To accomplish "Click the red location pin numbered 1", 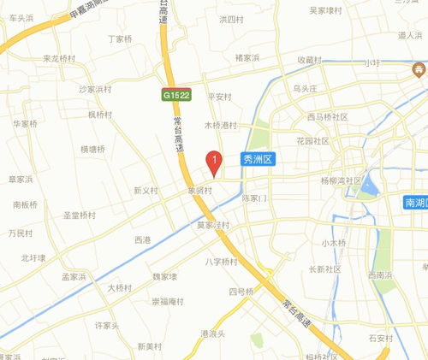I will point(215,160).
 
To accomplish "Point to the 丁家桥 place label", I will point(122,39).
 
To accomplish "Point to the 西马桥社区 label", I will point(327,116).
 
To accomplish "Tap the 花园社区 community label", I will point(312,140).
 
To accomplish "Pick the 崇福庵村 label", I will point(168,301).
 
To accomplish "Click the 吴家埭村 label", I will point(326,10).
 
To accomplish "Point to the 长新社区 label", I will point(324,269).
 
